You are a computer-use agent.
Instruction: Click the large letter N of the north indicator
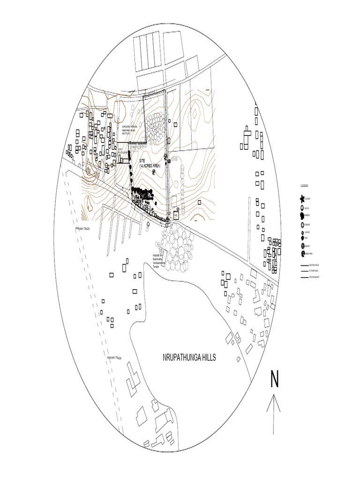pos(274,379)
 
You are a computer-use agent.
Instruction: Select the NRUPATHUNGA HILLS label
pos(189,358)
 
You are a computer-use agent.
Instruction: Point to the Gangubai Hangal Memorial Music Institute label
pos(127,130)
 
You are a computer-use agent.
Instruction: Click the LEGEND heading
pos(305,186)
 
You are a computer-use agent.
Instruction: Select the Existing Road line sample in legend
pos(304,265)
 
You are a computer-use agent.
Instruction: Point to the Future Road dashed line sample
pos(304,271)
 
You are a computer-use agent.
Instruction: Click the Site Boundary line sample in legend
pos(304,277)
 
